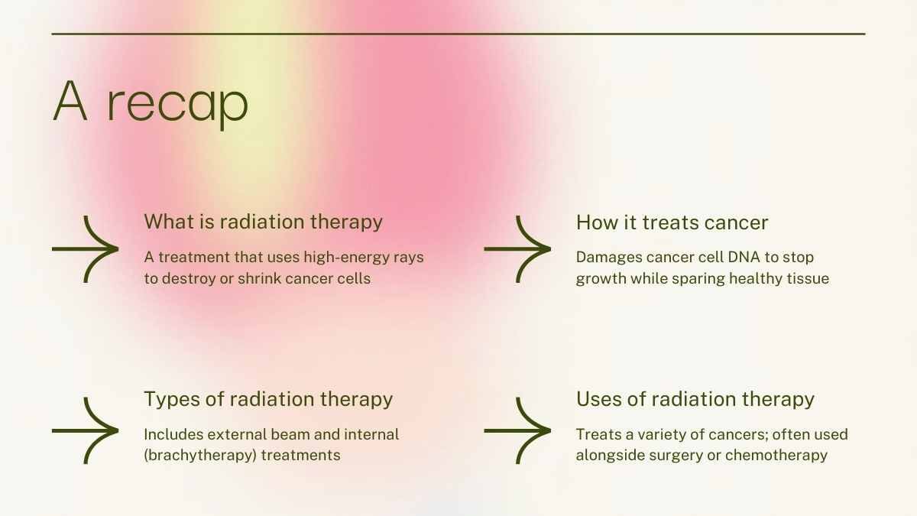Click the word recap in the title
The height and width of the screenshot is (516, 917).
[177, 105]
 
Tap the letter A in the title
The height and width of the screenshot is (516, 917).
[70, 101]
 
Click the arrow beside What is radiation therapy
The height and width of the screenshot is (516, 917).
[85, 249]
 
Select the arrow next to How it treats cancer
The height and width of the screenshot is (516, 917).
[517, 249]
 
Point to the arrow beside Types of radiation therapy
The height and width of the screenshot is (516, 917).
[85, 431]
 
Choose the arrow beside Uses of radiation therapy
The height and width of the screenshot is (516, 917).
[517, 431]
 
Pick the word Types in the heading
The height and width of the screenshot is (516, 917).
[172, 399]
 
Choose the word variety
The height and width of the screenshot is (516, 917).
[661, 434]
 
